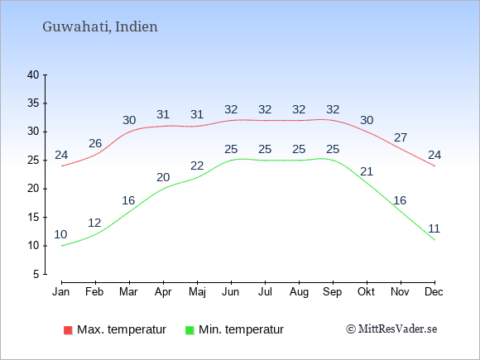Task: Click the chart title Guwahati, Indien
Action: point(100,27)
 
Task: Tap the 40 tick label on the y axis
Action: point(33,74)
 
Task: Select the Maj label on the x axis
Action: point(197,292)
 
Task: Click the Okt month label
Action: point(366,292)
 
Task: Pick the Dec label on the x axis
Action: point(434,292)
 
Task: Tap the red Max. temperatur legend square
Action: point(68,330)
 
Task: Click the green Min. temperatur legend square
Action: point(190,330)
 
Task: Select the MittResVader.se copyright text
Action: point(391,329)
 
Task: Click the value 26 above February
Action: point(95,143)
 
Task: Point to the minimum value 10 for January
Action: point(60,234)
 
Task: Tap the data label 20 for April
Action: point(163,177)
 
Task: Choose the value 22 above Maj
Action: point(197,166)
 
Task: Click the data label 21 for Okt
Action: point(367,172)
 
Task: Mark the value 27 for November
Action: point(401,137)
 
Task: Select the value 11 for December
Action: point(434,228)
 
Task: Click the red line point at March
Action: point(129,132)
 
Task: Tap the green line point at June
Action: point(231,161)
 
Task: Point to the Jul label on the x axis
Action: point(265,292)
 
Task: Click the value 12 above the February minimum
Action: point(94,223)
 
